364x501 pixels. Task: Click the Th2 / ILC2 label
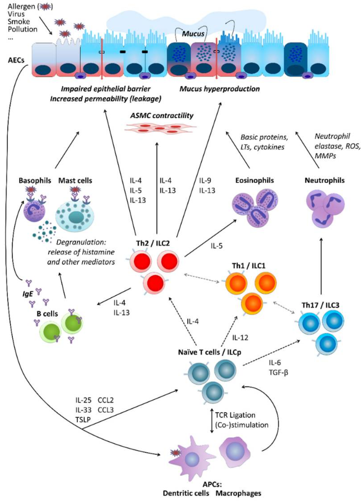153,243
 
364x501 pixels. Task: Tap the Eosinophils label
254,181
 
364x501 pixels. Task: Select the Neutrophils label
325,181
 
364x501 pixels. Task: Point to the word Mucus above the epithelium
193,34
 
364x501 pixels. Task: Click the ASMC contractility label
161,115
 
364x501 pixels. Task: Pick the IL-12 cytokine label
240,337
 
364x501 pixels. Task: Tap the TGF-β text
278,372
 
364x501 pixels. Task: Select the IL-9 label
205,181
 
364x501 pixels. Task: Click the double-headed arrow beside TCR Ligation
212,420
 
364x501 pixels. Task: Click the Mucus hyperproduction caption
220,89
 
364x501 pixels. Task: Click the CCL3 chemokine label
106,410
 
